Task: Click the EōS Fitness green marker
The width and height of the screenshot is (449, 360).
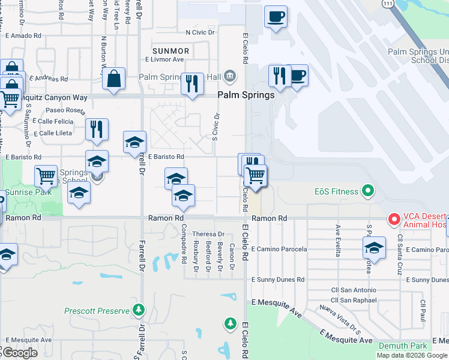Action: pos(369,192)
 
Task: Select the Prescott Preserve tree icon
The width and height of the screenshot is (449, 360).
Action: pos(139,310)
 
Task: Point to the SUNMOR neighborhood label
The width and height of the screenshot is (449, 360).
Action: pos(171,51)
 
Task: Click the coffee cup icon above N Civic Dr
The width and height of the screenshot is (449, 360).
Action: pos(276,17)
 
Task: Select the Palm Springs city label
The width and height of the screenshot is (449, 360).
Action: pos(246,95)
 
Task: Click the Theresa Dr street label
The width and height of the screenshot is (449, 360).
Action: pos(208,234)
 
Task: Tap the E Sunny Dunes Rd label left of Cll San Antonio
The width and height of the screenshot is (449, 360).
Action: pos(278,280)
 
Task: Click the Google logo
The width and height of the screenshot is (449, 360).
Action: pos(19,353)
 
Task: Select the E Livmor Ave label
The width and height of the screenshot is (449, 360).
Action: pos(164,59)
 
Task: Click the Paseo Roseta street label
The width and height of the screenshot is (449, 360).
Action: pos(65,110)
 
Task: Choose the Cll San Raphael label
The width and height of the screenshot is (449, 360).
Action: pos(354,300)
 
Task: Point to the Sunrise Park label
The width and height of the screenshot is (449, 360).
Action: pos(28,193)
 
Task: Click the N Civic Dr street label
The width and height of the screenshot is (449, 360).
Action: pos(200,32)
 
